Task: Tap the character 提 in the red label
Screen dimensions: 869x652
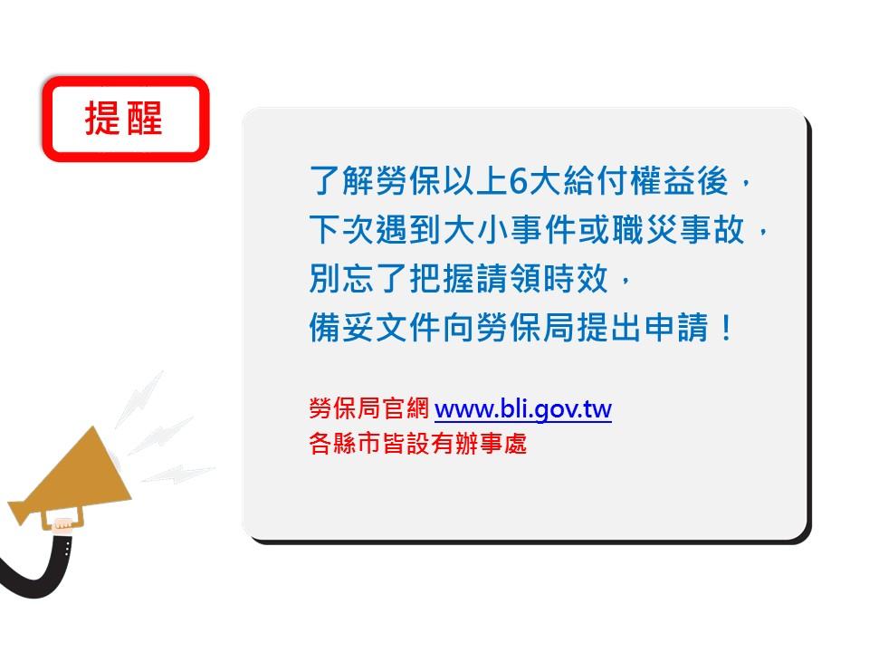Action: coord(102,118)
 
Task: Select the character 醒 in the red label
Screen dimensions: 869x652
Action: coord(144,118)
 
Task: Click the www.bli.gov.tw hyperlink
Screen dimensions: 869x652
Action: coord(522,409)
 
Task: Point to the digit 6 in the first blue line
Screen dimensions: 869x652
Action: coord(517,181)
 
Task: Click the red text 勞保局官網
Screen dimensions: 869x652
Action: coord(369,408)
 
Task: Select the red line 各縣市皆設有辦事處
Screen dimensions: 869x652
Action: coord(418,444)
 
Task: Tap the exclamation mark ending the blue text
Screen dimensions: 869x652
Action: coord(725,327)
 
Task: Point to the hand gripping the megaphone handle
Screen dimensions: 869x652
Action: coord(62,524)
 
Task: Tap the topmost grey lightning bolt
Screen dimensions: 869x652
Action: coord(139,399)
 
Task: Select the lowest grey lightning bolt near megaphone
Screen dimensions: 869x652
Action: coord(178,474)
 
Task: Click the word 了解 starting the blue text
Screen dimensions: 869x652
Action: coord(342,181)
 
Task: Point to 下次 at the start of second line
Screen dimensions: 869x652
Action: coord(342,229)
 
